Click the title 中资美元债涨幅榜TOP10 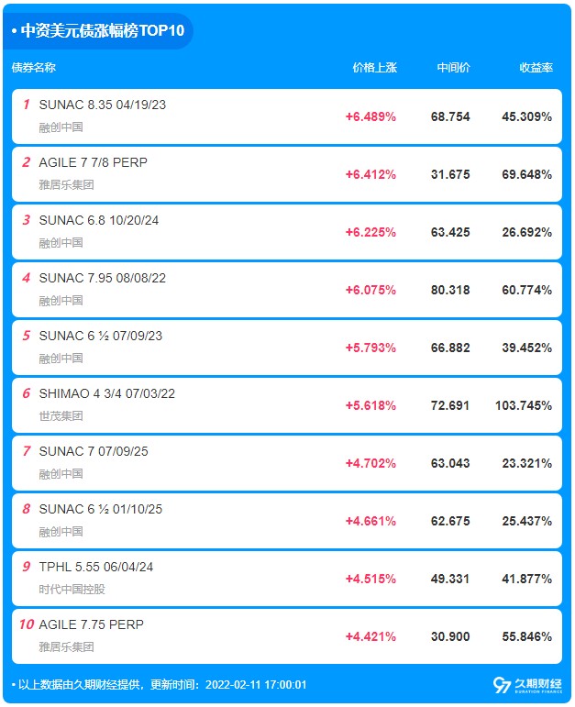[x=103, y=30]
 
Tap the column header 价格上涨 [x=375, y=68]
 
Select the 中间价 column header [x=453, y=68]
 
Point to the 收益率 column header [x=536, y=68]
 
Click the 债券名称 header [x=34, y=68]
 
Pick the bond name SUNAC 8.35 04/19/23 [x=103, y=105]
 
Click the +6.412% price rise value [x=370, y=174]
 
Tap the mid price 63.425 [x=450, y=232]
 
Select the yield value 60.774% [x=526, y=290]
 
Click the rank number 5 [x=27, y=336]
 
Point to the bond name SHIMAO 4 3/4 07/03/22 [x=107, y=393]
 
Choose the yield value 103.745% [x=524, y=405]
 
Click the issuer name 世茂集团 [x=61, y=415]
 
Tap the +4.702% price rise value [x=370, y=463]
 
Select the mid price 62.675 [x=450, y=521]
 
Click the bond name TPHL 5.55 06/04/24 [x=96, y=567]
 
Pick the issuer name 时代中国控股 [x=72, y=589]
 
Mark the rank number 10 [x=27, y=624]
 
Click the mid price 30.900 [x=450, y=636]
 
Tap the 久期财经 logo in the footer [x=527, y=685]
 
